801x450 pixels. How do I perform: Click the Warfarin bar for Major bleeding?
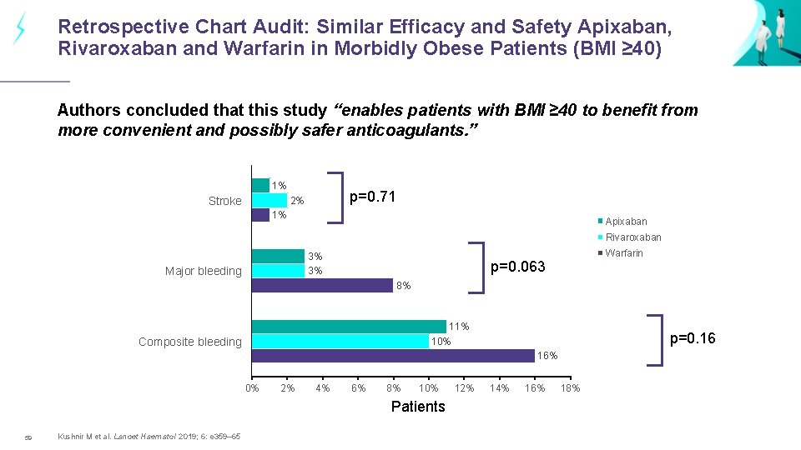coord(322,286)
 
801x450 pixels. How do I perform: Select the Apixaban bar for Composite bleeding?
coord(349,326)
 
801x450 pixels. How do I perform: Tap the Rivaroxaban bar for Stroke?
coord(270,200)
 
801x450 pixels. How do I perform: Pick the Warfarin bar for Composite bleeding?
coord(393,356)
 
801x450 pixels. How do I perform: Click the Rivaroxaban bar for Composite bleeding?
coord(340,341)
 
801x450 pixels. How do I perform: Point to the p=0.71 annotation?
coord(372,197)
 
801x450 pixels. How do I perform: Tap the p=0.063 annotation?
coord(517,267)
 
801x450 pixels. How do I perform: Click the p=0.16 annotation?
coord(693,338)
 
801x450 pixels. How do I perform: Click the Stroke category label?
coord(224,201)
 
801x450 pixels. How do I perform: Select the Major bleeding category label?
coord(203,271)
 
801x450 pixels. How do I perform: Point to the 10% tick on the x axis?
coord(428,388)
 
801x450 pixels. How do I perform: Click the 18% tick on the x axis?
coord(570,388)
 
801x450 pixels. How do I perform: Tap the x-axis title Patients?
coord(418,407)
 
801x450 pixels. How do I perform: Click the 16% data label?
coord(547,356)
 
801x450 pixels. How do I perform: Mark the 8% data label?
coord(403,286)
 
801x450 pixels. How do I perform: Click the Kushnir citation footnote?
coord(149,437)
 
